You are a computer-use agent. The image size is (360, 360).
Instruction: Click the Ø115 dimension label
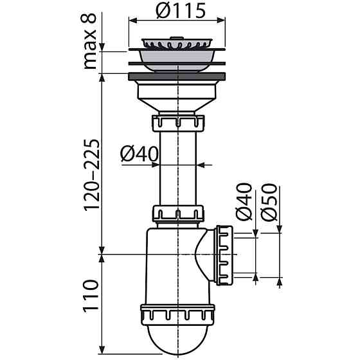(181, 10)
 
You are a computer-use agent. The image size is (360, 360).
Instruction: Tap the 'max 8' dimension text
(89, 41)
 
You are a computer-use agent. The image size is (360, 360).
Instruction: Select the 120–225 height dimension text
(92, 175)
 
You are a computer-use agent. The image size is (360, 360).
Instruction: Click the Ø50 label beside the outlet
(269, 203)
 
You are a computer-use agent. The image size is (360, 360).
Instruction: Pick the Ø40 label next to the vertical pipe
(139, 154)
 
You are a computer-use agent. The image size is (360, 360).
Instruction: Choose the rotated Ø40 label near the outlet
(244, 202)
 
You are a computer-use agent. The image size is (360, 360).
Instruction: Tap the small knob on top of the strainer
(177, 37)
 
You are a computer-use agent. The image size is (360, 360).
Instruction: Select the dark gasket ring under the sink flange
(177, 76)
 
